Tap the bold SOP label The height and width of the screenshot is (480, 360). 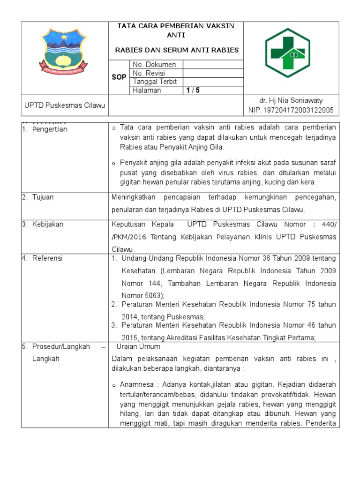(119, 77)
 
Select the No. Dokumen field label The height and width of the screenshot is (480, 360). (154, 65)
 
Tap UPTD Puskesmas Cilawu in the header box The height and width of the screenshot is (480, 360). (58, 105)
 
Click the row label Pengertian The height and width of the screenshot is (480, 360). (50, 129)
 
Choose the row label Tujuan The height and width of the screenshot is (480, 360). (43, 197)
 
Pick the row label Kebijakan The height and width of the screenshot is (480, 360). (48, 225)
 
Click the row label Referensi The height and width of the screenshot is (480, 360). (47, 258)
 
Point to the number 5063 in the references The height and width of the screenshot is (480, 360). (154, 295)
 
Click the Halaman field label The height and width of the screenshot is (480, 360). (147, 90)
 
